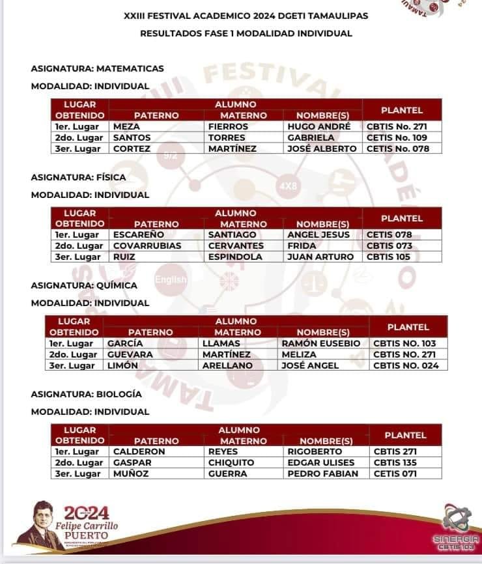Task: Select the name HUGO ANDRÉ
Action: coord(319,126)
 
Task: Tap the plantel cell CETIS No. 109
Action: coord(397,137)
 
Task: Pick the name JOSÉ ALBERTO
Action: coord(322,148)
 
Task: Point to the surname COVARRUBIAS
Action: coord(147,246)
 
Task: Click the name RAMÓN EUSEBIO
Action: coord(320,343)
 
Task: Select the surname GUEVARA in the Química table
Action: coord(130,354)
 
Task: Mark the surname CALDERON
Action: coord(139,451)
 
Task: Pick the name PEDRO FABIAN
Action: coord(322,473)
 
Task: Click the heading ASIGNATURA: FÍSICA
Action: coord(79,177)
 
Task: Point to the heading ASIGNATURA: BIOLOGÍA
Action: coord(87,394)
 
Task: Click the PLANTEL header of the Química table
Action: coord(408,327)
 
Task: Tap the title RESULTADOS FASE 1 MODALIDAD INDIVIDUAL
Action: coord(246,33)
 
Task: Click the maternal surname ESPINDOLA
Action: coord(235,257)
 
